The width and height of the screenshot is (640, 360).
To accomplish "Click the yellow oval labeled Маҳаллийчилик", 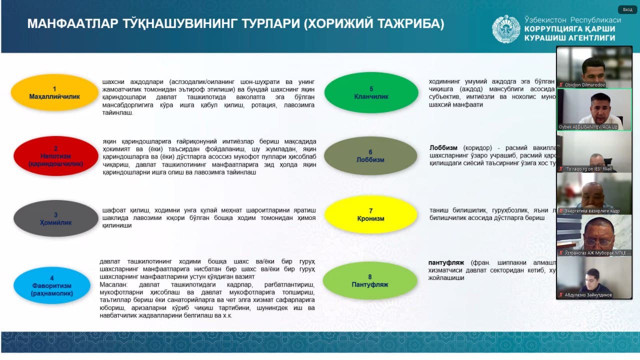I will click(54, 92).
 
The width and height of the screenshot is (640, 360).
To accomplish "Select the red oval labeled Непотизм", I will click(55, 156).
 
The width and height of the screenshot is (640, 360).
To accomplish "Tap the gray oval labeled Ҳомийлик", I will click(55, 218).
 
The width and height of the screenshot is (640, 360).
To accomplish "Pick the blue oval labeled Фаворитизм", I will click(55, 285).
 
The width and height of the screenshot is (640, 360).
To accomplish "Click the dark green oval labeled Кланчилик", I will click(371, 92).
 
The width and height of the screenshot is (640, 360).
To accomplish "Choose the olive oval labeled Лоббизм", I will click(370, 155).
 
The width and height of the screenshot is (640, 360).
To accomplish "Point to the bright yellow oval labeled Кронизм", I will click(370, 214).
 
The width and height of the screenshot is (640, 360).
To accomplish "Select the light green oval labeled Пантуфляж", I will click(370, 280).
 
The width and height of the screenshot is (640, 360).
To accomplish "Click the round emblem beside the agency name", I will click(506, 29).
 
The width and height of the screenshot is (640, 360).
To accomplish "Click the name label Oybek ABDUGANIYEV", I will click(588, 127).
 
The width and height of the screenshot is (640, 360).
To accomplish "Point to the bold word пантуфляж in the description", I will click(446, 262).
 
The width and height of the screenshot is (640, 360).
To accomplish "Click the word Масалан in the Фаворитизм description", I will click(113, 284).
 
